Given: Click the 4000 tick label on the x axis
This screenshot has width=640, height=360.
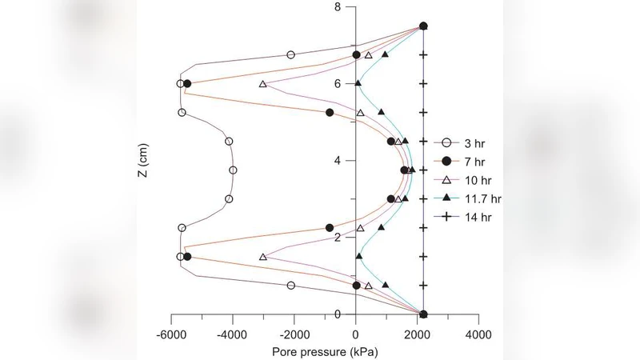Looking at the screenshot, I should (478, 331).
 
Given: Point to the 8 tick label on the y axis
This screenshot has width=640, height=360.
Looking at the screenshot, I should (337, 7).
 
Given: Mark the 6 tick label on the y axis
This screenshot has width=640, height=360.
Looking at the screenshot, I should (337, 83).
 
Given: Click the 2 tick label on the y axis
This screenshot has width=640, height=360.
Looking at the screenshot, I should (337, 238).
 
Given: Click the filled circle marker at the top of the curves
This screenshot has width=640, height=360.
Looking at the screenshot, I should (423, 26).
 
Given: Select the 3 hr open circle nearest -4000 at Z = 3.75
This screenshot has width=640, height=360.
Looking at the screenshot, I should (234, 170).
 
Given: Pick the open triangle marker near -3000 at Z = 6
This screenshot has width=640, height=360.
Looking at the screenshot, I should (263, 84).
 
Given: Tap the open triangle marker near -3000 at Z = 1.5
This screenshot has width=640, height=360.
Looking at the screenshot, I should (263, 257).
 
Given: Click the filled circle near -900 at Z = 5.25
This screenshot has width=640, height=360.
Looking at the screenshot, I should (330, 113).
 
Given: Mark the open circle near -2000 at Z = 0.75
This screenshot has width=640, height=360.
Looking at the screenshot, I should (290, 286).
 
